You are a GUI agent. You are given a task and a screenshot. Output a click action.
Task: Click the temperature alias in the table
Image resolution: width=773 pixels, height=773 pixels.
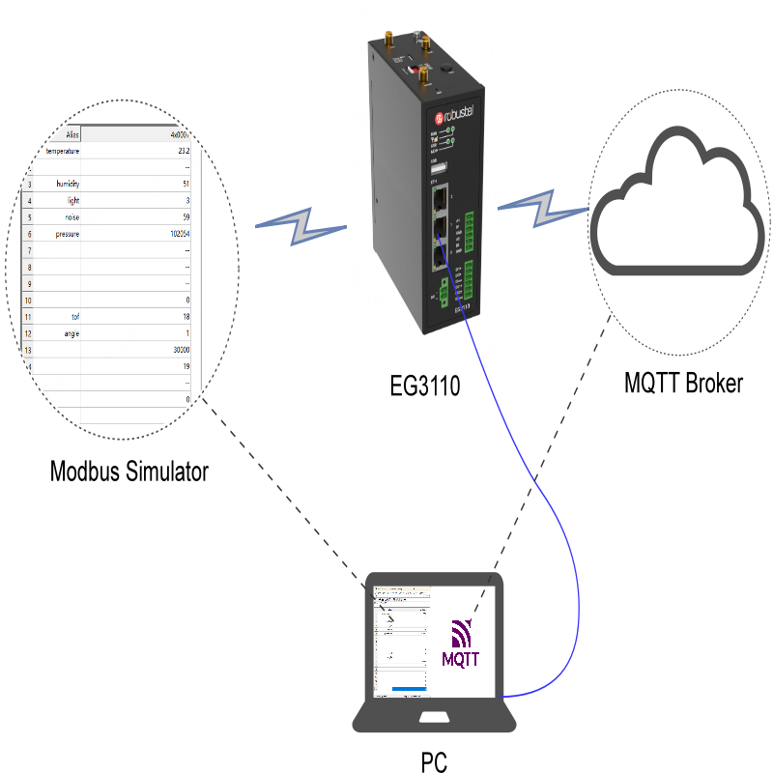(62, 151)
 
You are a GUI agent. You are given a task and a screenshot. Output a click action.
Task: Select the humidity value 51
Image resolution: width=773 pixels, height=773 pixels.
(186, 184)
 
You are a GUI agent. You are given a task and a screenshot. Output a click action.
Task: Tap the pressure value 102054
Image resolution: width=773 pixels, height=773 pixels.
(177, 234)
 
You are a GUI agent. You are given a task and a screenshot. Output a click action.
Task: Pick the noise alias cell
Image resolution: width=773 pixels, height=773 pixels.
(72, 217)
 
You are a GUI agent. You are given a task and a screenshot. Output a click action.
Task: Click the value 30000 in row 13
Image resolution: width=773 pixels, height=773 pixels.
(179, 350)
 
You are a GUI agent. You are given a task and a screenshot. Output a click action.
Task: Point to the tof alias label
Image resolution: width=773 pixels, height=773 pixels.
(75, 316)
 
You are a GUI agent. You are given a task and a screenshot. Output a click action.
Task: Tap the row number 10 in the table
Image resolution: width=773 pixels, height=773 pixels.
(29, 301)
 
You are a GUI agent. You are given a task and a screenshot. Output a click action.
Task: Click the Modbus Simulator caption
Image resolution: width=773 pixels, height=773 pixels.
(129, 472)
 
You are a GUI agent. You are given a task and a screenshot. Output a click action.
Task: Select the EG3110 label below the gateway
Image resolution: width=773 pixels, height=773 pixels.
(425, 387)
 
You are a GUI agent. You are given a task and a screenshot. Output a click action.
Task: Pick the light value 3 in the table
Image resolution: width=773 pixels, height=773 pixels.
(187, 200)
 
